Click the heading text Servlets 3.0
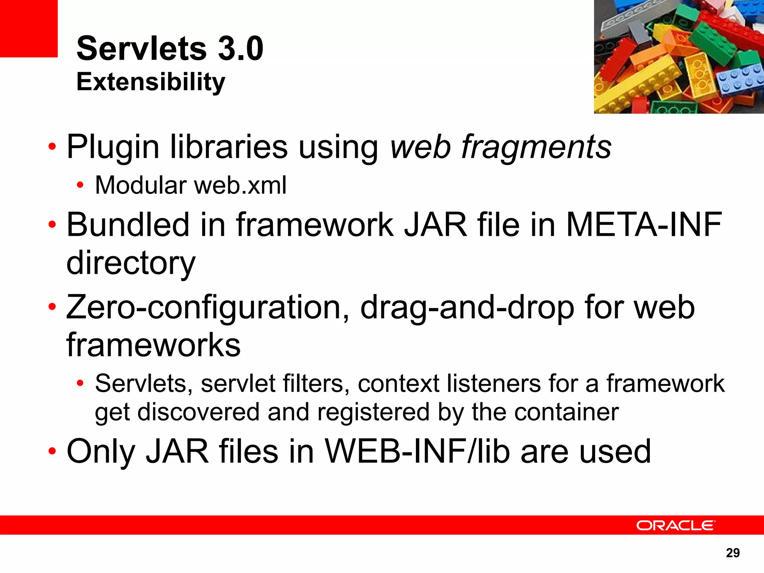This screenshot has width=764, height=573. (170, 48)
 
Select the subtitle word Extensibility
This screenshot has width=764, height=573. (151, 82)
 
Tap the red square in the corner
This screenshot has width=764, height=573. (29, 28)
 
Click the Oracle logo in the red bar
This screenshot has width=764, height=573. (676, 525)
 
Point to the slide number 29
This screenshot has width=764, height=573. (733, 552)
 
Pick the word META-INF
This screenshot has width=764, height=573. (644, 225)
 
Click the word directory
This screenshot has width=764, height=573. (131, 263)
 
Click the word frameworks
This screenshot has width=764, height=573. (153, 345)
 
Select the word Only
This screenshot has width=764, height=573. (101, 451)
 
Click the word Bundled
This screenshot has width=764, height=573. (128, 225)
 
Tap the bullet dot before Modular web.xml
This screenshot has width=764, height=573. (79, 185)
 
